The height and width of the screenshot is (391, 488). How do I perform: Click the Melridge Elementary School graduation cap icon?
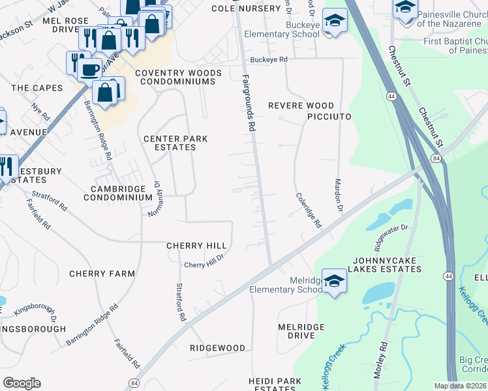pyautogui.click(x=333, y=281)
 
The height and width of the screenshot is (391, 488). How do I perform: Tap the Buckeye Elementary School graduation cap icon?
pyautogui.click(x=335, y=20)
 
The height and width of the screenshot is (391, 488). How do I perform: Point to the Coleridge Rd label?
pyautogui.click(x=309, y=210)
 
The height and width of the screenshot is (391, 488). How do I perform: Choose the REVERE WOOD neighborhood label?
pyautogui.click(x=301, y=106)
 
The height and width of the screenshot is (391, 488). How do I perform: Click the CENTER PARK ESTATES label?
pyautogui.click(x=170, y=143)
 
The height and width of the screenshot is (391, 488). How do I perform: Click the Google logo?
pyautogui.click(x=22, y=383)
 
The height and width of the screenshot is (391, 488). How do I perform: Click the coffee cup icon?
pyautogui.click(x=91, y=68)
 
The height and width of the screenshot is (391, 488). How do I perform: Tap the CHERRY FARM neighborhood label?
pyautogui.click(x=102, y=274)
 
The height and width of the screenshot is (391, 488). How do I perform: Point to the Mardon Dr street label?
pyautogui.click(x=339, y=196)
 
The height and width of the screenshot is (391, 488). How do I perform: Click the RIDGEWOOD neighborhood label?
pyautogui.click(x=217, y=349)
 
